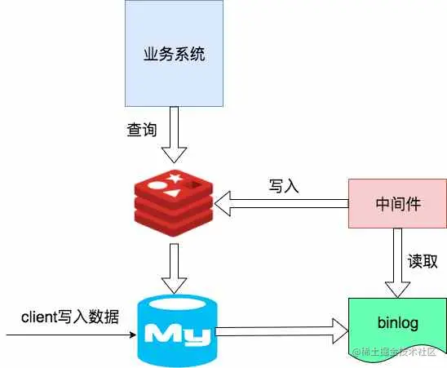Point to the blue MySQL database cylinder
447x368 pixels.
point(177,331)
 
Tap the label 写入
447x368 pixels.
point(284,185)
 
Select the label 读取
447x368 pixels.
point(423,261)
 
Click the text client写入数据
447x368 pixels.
point(69,317)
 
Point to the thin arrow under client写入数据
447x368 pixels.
point(69,335)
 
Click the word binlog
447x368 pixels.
point(397,323)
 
